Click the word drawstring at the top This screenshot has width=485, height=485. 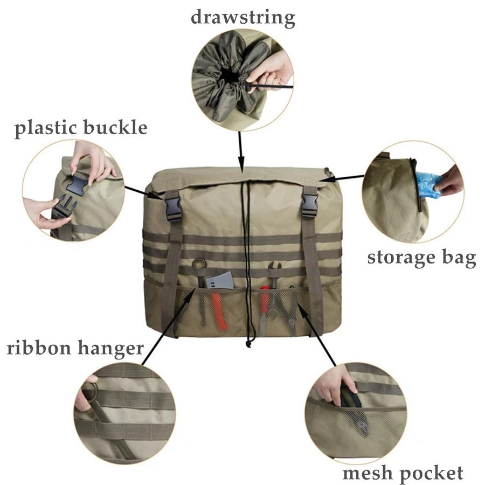coord(242,17)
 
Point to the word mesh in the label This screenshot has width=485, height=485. coord(366,473)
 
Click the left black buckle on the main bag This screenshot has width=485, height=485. coord(174,209)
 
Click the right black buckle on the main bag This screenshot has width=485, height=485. coord(310,205)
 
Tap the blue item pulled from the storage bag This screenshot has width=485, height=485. coord(429,184)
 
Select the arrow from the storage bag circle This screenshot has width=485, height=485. coord(345,177)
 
